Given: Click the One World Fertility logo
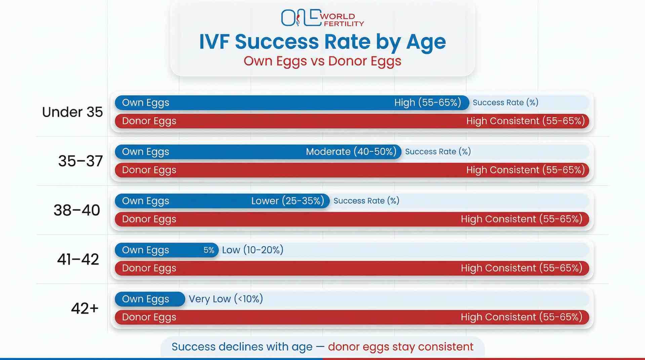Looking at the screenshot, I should [x=322, y=18].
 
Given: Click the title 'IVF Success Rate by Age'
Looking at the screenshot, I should [x=322, y=42].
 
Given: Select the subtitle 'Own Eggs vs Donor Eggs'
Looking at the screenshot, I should [x=322, y=61].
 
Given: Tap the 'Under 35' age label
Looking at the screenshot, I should [x=72, y=112].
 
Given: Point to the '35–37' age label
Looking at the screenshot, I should [x=80, y=161].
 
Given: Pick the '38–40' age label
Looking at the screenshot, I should [x=77, y=210].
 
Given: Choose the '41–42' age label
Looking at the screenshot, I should [x=78, y=259].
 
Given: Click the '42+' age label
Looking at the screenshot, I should [x=85, y=308].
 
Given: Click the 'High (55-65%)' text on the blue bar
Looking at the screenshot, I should [x=428, y=103].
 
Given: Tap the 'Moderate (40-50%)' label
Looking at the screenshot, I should [x=351, y=152].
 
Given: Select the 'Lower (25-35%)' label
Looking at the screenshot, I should [x=288, y=201].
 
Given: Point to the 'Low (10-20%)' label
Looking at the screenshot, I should [x=252, y=250].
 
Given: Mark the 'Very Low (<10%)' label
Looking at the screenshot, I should [x=226, y=299].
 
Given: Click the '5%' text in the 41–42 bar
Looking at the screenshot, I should [x=209, y=250].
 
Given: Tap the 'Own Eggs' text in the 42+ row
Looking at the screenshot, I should [x=146, y=299].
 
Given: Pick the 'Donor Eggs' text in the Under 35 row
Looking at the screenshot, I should [x=149, y=121].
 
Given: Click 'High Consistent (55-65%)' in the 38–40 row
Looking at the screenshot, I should [x=521, y=219].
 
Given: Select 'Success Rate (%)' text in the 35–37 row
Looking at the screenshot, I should [x=438, y=152].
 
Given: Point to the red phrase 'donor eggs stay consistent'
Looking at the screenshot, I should [x=401, y=347].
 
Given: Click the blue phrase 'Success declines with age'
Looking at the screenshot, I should [x=242, y=347].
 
